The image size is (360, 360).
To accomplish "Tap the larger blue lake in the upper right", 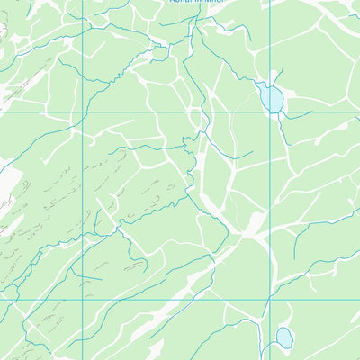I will (271, 96).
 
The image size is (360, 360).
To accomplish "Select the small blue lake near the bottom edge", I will (283, 337).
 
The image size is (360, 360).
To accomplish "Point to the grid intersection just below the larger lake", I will (270, 112).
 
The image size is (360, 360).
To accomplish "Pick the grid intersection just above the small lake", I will (270, 300).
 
